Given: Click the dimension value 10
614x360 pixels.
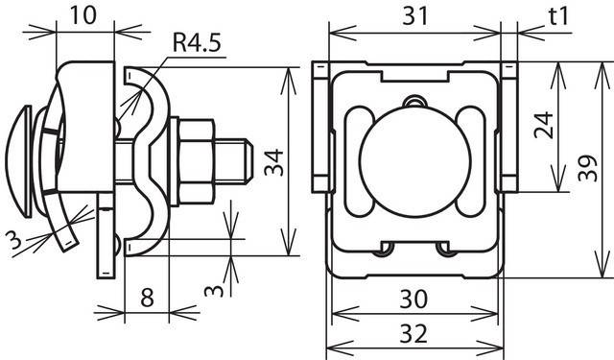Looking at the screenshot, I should pyautogui.click(x=82, y=16).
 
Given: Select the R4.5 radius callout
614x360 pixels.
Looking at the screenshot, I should pyautogui.click(x=196, y=43).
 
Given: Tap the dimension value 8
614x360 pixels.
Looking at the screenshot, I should pyautogui.click(x=147, y=297).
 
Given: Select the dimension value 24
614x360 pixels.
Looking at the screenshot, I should pyautogui.click(x=545, y=125).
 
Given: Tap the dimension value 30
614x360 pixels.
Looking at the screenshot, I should pyautogui.click(x=414, y=300).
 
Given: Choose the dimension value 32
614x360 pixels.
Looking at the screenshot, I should pyautogui.click(x=414, y=334).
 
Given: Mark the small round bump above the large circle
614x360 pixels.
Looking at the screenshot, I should pyautogui.click(x=413, y=102).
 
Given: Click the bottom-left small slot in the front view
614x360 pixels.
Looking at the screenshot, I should pyautogui.click(x=386, y=249).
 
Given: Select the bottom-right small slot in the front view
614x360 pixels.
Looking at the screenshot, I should pyautogui.click(x=445, y=249).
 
